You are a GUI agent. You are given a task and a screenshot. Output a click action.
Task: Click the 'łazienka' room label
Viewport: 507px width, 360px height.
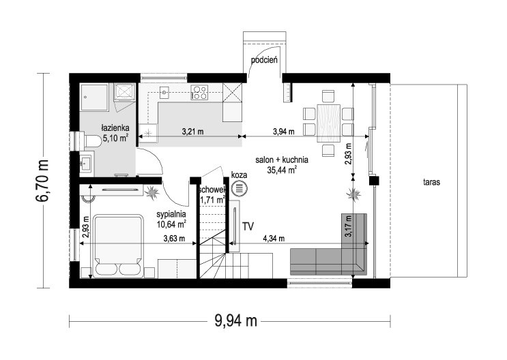[115, 127]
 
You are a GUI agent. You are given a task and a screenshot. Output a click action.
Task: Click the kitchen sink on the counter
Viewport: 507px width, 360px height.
[165, 93]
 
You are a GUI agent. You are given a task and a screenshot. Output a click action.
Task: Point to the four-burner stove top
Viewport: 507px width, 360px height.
[199, 92]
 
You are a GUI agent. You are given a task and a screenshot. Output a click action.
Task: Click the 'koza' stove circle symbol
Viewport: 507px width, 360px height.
[240, 188]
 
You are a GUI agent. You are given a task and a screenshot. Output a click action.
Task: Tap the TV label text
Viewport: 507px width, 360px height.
[248, 226]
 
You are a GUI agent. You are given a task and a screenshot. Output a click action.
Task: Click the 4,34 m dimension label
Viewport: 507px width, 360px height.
[274, 239]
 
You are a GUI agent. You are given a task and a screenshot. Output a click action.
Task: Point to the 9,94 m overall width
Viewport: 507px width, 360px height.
[235, 321]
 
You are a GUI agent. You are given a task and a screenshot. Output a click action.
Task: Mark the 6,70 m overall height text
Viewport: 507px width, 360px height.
[43, 181]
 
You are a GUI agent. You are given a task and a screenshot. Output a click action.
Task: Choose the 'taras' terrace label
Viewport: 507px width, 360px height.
[432, 182]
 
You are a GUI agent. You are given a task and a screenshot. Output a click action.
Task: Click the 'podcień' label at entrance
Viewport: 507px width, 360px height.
[265, 60]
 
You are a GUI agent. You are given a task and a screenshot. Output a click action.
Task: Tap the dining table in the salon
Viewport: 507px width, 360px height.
[328, 123]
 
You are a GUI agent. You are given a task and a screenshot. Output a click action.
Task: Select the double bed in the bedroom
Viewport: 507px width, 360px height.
[118, 245]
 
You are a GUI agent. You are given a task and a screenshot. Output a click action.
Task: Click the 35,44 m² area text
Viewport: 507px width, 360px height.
[283, 170]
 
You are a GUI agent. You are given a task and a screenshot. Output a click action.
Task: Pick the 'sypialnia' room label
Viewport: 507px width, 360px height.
[171, 214]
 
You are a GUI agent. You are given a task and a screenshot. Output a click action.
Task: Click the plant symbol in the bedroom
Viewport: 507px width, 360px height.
[151, 192]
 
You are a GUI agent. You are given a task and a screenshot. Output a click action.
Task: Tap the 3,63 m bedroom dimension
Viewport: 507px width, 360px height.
[174, 239]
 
